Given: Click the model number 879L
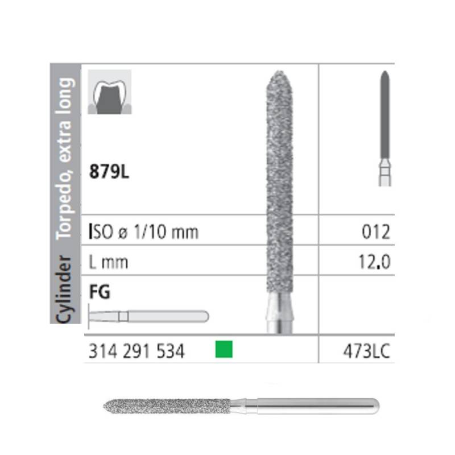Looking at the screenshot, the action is (109, 171).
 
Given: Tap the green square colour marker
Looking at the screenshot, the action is (224, 349).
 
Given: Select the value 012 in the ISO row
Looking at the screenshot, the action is (376, 232).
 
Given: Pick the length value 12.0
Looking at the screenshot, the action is (374, 262).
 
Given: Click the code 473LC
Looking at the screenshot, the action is (366, 351).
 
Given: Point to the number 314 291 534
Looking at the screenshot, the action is (136, 351).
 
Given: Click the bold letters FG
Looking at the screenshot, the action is (100, 292).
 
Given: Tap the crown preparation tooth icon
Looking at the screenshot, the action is (110, 92).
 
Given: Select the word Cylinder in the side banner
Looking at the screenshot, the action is (64, 289).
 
